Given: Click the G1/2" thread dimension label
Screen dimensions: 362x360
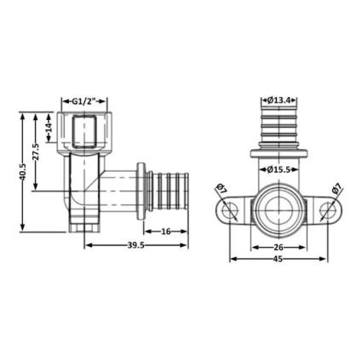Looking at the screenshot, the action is click(84, 101).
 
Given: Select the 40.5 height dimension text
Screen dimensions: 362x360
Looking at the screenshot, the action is click(23, 171).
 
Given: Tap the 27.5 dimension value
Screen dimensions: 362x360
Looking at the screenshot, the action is click(37, 151).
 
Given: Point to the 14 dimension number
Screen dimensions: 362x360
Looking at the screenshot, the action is click(49, 128).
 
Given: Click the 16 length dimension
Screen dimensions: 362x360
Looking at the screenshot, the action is click(166, 231).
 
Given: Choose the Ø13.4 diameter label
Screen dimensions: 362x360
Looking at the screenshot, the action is click(279, 100).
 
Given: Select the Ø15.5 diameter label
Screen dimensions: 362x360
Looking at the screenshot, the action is click(279, 169).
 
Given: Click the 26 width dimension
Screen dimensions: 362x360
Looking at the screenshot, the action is click(279, 248).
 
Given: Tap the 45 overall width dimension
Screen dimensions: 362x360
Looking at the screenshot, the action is click(279, 259).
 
